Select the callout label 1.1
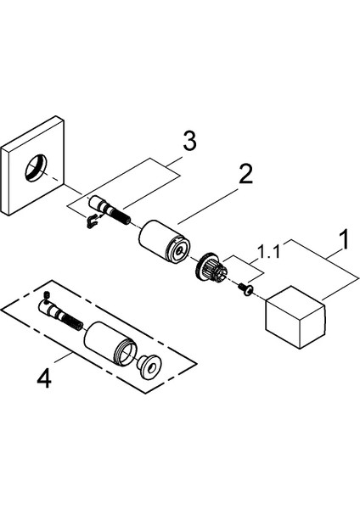[x=269, y=252]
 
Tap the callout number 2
[x=245, y=175]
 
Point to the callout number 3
[x=190, y=142]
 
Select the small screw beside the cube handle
[x=245, y=289]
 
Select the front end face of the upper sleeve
[x=178, y=250]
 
